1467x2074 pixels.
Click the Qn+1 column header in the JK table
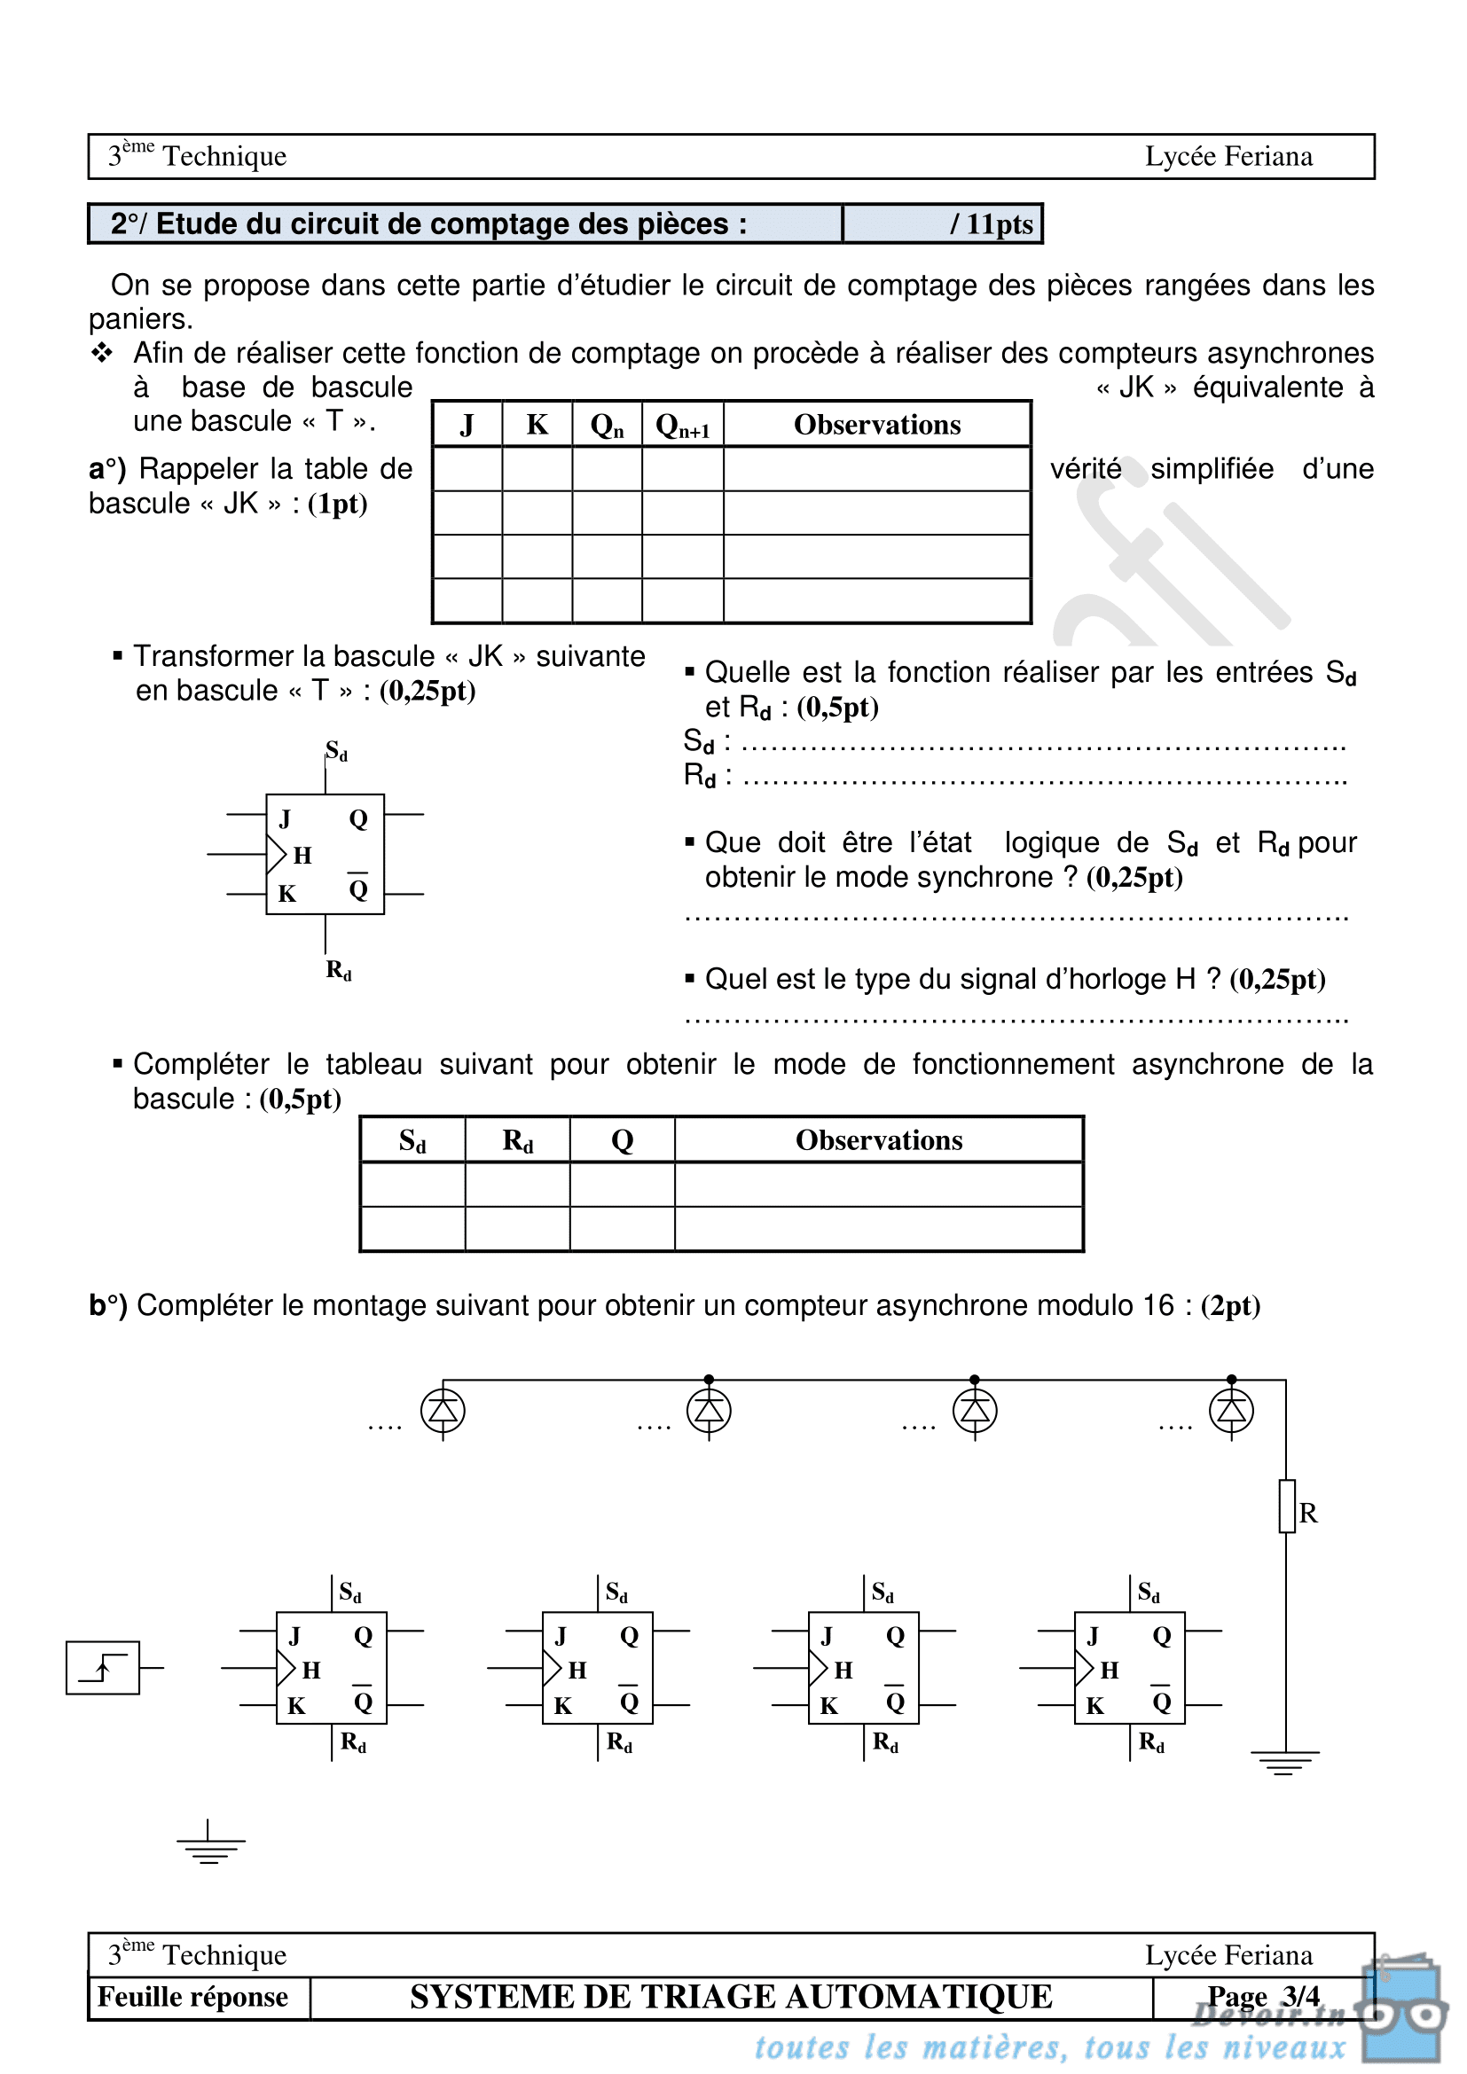pyautogui.click(x=682, y=426)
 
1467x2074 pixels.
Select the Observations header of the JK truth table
pyautogui.click(x=876, y=425)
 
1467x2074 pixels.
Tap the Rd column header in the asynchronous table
pyautogui.click(x=518, y=1141)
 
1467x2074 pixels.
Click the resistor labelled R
pyautogui.click(x=1287, y=1507)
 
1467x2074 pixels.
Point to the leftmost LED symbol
pyautogui.click(x=443, y=1411)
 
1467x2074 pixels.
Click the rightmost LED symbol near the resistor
pyautogui.click(x=1231, y=1411)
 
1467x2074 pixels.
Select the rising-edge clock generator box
pyautogui.click(x=103, y=1668)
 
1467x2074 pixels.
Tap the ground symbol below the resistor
pyautogui.click(x=1284, y=1762)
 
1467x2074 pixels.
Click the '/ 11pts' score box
pyautogui.click(x=942, y=224)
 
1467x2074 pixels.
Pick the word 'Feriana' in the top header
pyautogui.click(x=1270, y=156)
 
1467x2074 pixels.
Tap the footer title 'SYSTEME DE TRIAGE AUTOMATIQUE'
pyautogui.click(x=731, y=1996)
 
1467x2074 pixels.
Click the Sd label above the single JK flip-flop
pyautogui.click(x=337, y=752)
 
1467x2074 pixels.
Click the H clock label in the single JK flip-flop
pyautogui.click(x=302, y=856)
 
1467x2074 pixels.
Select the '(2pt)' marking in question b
pyautogui.click(x=1229, y=1305)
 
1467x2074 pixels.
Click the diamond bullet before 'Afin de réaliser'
pyautogui.click(x=101, y=352)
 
